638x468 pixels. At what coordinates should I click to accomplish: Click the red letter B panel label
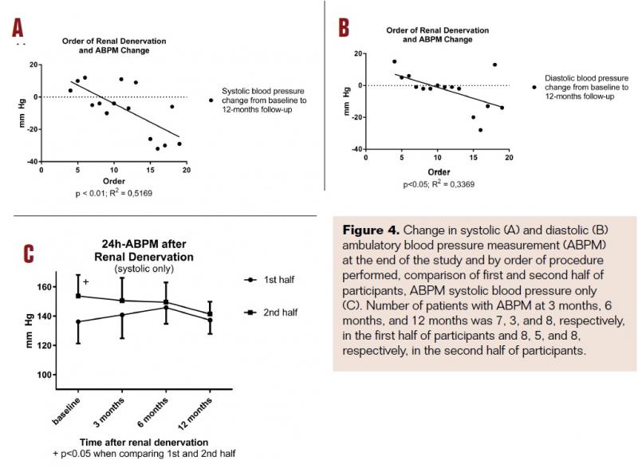344,29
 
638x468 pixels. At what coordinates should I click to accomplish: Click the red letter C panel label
28,254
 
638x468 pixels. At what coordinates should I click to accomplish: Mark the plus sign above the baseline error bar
85,282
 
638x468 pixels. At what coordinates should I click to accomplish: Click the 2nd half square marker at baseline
77,296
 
